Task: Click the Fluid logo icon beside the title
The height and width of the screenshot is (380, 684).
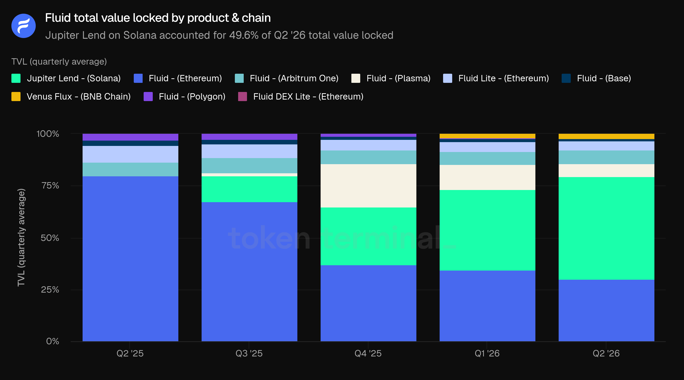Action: click(x=23, y=26)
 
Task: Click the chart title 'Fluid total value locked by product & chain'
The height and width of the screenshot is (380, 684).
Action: click(x=158, y=18)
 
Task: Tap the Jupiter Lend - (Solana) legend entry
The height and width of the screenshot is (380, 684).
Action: click(x=66, y=78)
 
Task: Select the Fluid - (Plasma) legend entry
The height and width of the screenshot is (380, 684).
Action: click(x=391, y=78)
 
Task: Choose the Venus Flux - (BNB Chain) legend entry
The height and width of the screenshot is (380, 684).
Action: click(x=71, y=97)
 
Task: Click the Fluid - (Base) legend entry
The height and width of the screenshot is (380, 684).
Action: click(x=596, y=78)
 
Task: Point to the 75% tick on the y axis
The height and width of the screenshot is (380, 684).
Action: click(x=50, y=185)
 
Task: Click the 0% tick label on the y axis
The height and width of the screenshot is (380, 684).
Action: click(x=53, y=341)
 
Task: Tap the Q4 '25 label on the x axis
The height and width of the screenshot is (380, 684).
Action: click(x=368, y=353)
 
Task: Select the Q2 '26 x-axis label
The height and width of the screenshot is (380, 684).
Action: click(x=606, y=353)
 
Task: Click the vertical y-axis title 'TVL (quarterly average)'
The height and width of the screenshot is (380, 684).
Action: click(x=21, y=237)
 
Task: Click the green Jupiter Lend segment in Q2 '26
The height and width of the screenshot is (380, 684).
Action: click(x=606, y=228)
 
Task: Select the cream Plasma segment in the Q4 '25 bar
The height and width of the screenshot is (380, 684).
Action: click(x=368, y=186)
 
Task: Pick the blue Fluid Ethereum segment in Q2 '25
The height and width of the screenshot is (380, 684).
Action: click(x=130, y=259)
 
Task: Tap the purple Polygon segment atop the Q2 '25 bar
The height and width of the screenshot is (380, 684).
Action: click(x=130, y=137)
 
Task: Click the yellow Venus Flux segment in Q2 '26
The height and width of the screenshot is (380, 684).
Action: click(x=606, y=137)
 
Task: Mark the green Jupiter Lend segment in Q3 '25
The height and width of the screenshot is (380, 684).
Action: click(x=249, y=189)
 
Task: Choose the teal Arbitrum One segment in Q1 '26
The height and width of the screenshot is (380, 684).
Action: click(x=487, y=159)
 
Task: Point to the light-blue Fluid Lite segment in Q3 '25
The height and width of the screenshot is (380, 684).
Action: click(x=249, y=151)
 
